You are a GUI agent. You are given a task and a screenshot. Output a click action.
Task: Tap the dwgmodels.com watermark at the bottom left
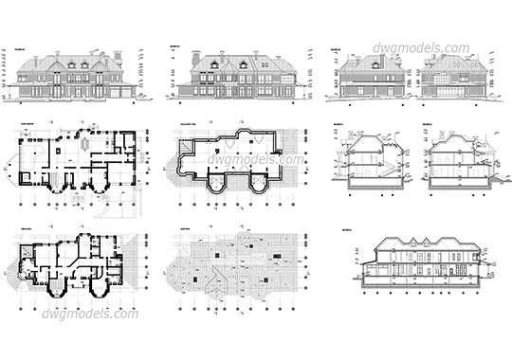[x=84, y=313]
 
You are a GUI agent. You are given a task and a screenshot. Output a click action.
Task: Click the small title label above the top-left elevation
[x=21, y=45]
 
